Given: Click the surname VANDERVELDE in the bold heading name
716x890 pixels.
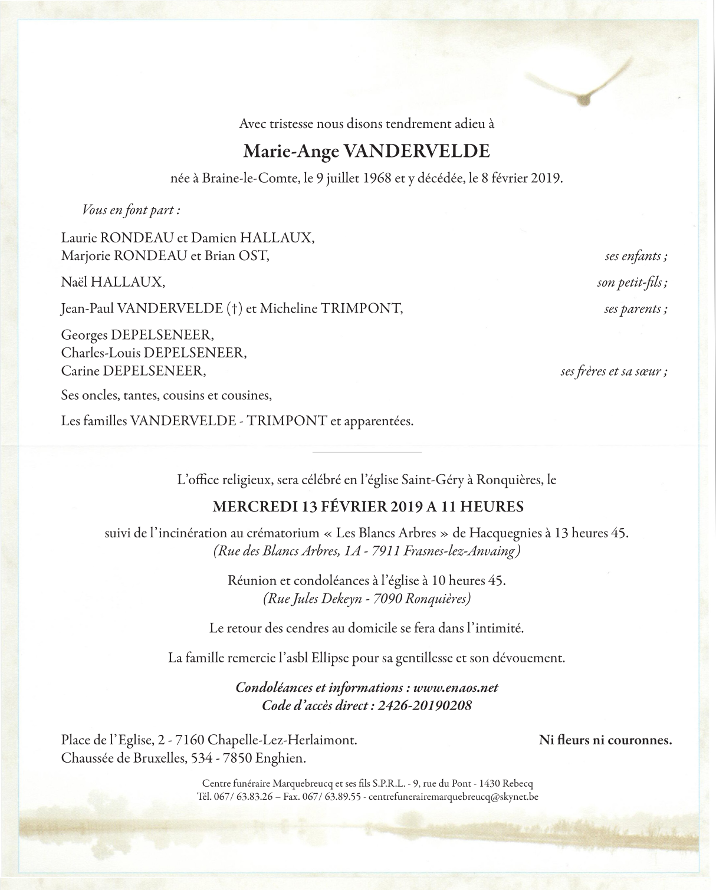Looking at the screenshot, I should coord(416,152).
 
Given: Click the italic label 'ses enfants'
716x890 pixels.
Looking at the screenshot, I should coord(635,256).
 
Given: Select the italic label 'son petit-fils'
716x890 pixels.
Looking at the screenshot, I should coord(632,283).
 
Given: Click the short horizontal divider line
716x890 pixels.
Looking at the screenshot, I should coord(358,452).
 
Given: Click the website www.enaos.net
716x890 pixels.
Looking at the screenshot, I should coord(456,688).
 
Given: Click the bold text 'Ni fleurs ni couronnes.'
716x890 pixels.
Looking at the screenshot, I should coord(605,740).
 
